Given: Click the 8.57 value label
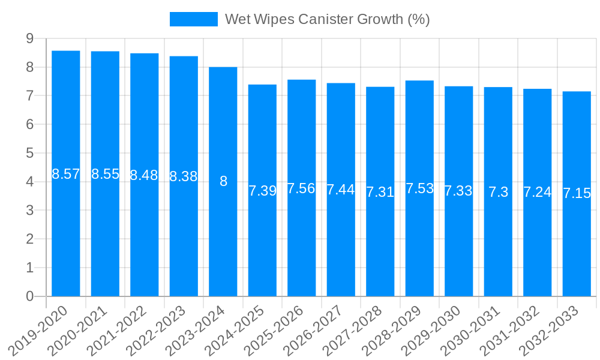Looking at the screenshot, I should (66, 175).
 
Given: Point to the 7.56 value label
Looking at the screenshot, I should (301, 188).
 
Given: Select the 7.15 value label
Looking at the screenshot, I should (577, 193).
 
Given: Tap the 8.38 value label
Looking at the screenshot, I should (184, 177).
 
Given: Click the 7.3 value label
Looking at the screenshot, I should (498, 192).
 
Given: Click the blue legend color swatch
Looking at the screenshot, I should (194, 19).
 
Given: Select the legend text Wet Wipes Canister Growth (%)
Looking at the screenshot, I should (327, 19).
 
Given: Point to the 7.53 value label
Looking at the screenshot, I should (419, 188).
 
